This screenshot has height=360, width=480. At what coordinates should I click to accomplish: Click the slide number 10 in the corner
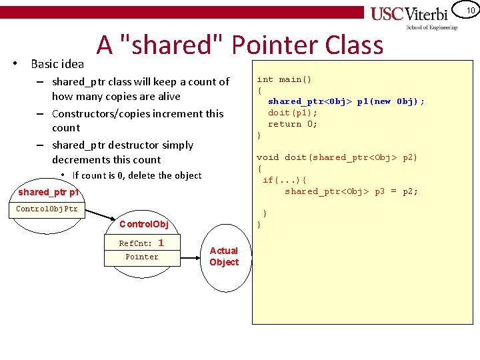pyautogui.click(x=471, y=10)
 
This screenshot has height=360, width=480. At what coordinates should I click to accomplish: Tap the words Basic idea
pyautogui.click(x=57, y=64)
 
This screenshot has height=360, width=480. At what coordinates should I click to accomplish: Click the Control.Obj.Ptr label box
pyautogui.click(x=47, y=209)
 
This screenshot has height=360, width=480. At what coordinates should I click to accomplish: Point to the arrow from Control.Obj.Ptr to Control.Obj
pyautogui.click(x=97, y=214)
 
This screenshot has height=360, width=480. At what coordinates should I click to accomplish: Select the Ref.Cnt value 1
pyautogui.click(x=161, y=243)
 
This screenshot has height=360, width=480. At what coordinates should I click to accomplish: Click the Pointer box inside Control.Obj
pyautogui.click(x=142, y=257)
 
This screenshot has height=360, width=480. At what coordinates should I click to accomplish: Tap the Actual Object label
pyautogui.click(x=224, y=256)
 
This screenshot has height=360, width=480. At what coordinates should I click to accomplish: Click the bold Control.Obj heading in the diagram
pyautogui.click(x=143, y=223)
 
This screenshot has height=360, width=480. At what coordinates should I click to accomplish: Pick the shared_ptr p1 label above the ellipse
pyautogui.click(x=49, y=192)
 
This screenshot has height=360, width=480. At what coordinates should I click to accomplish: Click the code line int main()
pyautogui.click(x=284, y=79)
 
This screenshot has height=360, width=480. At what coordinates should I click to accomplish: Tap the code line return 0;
pyautogui.click(x=293, y=124)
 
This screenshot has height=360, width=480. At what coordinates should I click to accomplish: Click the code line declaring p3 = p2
pyautogui.click(x=351, y=191)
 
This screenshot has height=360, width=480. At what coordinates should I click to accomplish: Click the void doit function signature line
pyautogui.click(x=337, y=157)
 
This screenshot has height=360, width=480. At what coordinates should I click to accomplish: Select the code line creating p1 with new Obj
pyautogui.click(x=346, y=101)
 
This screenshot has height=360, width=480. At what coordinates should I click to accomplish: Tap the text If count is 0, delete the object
pyautogui.click(x=137, y=175)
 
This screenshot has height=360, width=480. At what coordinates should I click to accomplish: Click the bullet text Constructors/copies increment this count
pyautogui.click(x=137, y=120)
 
